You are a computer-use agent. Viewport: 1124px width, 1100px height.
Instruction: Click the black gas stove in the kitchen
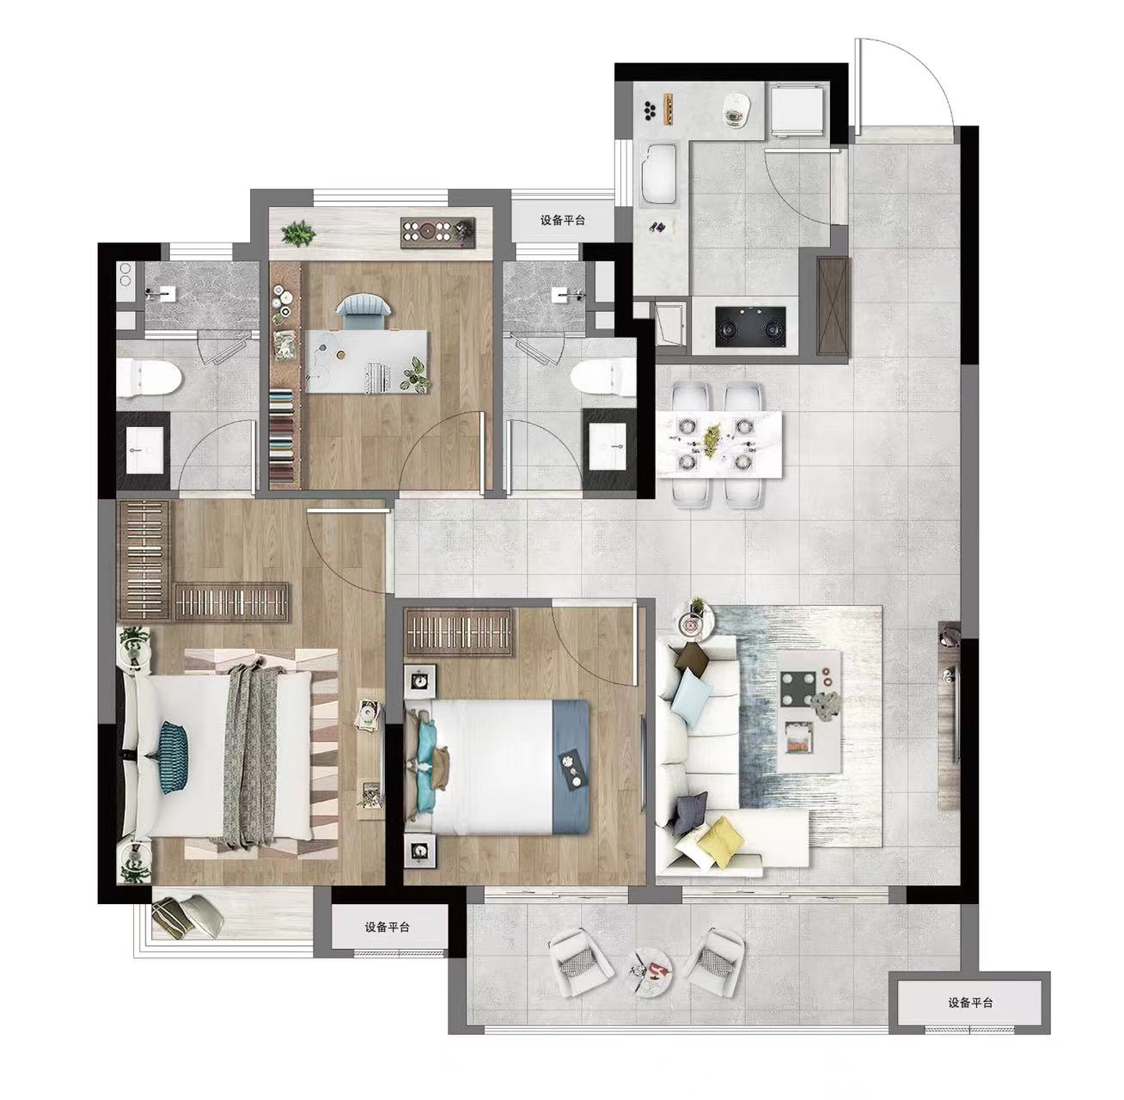[751, 327]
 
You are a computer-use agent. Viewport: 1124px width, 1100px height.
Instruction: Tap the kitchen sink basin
[658, 174]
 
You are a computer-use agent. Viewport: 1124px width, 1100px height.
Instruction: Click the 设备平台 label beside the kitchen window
[563, 220]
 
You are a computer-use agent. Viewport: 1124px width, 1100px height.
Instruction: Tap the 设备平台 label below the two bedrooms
[387, 927]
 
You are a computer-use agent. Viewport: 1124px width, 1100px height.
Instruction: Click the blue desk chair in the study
[362, 305]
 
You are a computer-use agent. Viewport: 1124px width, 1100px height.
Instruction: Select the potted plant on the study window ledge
[298, 234]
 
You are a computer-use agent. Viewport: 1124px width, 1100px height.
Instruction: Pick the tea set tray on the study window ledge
[437, 234]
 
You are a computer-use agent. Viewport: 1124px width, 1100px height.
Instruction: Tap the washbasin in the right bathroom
[607, 448]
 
